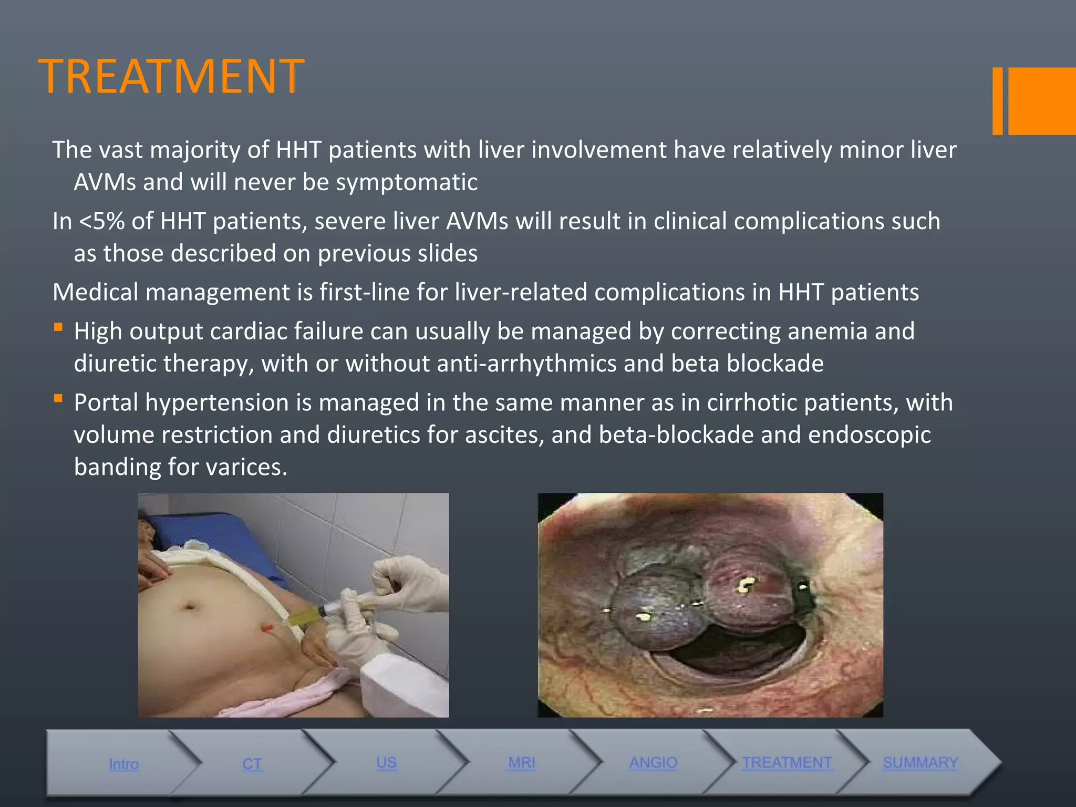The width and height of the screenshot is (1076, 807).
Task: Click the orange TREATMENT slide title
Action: coord(171,77)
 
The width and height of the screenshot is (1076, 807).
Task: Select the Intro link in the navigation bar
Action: coord(124,764)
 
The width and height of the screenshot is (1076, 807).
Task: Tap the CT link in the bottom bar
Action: coord(252,764)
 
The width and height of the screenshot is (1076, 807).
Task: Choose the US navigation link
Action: coord(386,763)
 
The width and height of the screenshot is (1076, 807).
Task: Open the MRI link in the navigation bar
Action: coord(522,763)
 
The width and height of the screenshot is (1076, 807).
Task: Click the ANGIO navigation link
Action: coord(654,762)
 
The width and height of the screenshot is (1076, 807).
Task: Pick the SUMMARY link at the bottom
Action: coord(920,762)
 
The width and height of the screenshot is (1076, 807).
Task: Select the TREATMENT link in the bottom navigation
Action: coord(787,762)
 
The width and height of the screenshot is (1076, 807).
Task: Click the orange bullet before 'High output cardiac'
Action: coord(58,328)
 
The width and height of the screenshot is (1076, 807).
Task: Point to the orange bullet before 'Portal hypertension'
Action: coord(58,399)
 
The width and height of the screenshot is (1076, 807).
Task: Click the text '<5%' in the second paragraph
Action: coord(102,221)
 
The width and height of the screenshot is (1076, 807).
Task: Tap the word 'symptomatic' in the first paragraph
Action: coord(407,182)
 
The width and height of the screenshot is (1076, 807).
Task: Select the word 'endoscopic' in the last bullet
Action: coord(870,435)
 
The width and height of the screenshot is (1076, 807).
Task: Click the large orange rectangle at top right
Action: coord(1041,101)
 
